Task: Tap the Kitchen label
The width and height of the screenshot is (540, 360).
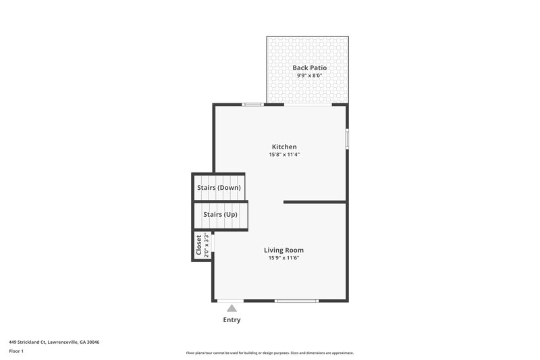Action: point(283,147)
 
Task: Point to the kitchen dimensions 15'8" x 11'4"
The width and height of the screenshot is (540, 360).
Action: point(283,155)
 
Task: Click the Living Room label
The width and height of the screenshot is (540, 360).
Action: point(283,250)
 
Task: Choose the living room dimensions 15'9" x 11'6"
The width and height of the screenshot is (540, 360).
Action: point(283,258)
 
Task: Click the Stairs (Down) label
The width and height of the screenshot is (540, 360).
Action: point(219,187)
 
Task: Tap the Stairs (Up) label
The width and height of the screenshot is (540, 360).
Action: point(220,215)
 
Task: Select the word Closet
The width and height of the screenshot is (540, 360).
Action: point(199,246)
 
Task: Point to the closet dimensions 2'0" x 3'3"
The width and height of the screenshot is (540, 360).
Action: point(207,246)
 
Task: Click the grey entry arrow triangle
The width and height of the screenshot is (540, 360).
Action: point(232,308)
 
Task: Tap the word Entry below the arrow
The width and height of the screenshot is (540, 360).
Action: point(232,320)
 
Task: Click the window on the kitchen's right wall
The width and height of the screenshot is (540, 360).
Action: point(347,138)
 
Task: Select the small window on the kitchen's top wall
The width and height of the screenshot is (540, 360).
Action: point(252,104)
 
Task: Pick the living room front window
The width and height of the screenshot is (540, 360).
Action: point(296,301)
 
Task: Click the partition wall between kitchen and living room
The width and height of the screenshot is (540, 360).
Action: point(315,201)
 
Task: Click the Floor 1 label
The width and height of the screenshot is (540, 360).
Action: point(16,351)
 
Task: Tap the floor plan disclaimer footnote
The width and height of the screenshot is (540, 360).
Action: point(269,353)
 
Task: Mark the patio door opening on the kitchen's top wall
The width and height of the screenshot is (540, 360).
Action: point(307,105)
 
